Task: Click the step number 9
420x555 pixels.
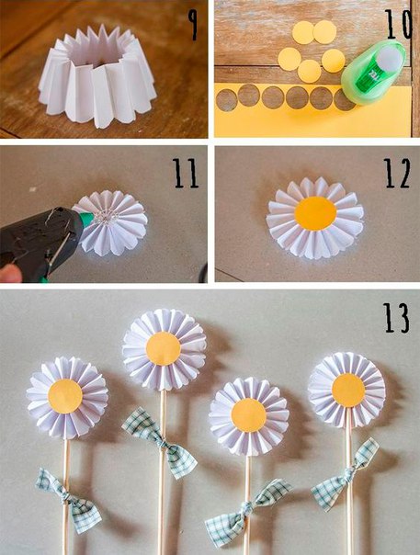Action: click(x=193, y=25)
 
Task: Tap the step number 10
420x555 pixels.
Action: click(x=398, y=24)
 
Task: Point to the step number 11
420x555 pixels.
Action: click(x=186, y=173)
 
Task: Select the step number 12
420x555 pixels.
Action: click(x=397, y=173)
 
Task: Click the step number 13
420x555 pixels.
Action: click(x=397, y=318)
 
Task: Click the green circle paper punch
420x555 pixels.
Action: click(x=373, y=72)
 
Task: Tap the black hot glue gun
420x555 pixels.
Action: click(x=39, y=242)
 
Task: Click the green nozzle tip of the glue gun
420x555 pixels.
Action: click(x=86, y=220)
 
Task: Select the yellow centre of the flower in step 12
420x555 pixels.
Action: click(x=315, y=214)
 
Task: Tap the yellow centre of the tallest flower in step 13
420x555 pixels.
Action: click(x=164, y=348)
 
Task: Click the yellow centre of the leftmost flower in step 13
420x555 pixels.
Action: click(x=65, y=396)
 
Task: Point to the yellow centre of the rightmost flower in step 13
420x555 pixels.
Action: click(x=348, y=391)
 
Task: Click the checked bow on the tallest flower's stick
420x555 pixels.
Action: click(x=160, y=443)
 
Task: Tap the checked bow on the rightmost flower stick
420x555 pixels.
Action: click(x=345, y=474)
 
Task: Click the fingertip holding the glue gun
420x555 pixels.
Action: click(x=9, y=273)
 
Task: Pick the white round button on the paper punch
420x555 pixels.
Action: click(x=389, y=57)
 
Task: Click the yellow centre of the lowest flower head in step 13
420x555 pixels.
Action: click(x=249, y=415)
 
